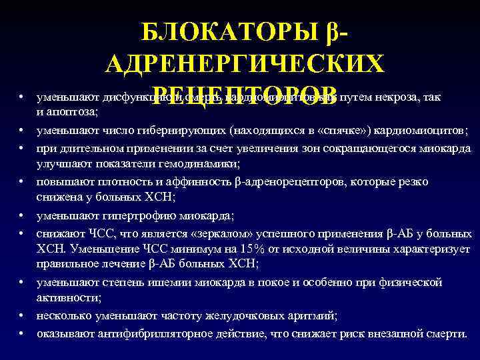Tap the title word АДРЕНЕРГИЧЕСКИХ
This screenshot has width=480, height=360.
tap(244, 64)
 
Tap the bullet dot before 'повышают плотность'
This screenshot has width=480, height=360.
tap(23, 181)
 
